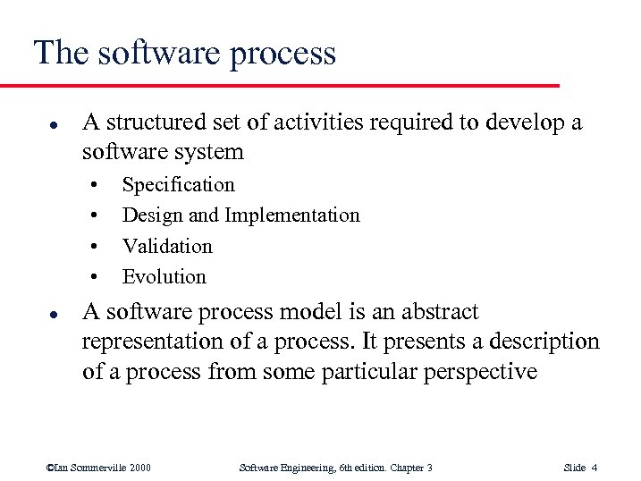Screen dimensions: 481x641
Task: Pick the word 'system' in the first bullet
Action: (207, 151)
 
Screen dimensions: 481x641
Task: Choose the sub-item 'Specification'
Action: (178, 185)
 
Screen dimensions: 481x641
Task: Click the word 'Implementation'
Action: (292, 215)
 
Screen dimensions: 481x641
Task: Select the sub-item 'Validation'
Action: (167, 246)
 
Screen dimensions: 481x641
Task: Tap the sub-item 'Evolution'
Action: (164, 276)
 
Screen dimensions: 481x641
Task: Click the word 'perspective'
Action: (478, 371)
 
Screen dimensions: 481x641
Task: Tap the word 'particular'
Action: (358, 371)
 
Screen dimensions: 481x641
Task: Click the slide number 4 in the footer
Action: (595, 468)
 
